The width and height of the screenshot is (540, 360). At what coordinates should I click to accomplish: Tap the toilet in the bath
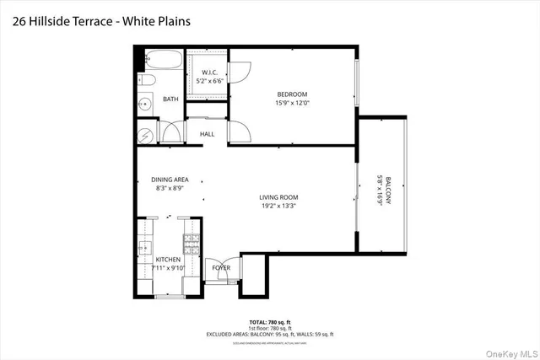(145, 81)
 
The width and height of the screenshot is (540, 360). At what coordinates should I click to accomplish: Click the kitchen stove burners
(192, 245)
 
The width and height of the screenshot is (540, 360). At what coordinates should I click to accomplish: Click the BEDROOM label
(292, 94)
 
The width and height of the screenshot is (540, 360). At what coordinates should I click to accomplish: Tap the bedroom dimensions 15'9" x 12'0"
(292, 103)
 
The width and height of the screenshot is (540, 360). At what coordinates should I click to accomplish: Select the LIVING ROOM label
(278, 197)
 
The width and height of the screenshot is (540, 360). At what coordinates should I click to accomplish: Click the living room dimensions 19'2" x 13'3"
(278, 207)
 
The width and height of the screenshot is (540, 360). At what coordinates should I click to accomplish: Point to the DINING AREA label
(170, 180)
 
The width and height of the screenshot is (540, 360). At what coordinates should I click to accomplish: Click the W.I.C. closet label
(210, 73)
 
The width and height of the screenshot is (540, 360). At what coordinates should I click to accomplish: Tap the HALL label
(207, 134)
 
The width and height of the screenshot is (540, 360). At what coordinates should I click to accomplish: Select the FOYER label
(221, 267)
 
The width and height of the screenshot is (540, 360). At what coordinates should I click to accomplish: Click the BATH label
(170, 99)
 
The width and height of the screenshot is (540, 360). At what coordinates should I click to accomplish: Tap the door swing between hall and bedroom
(238, 132)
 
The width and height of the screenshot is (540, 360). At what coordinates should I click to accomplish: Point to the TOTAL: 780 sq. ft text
(268, 323)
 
